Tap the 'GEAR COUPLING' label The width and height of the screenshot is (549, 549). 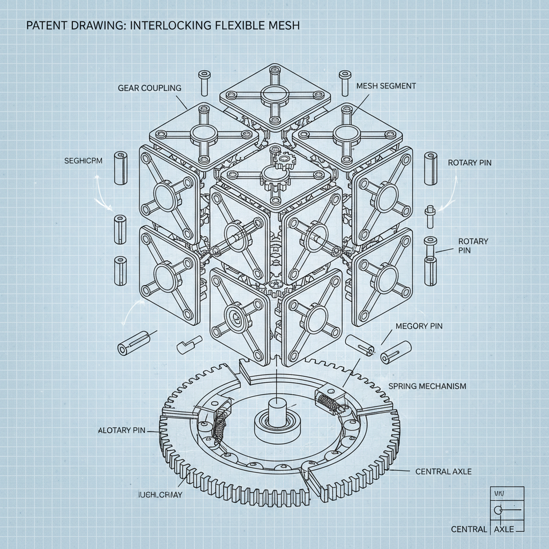(149, 87)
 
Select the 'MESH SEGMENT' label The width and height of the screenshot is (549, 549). (385, 85)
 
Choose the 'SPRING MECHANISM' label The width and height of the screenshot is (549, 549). (426, 386)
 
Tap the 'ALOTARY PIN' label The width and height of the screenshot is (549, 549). (122, 430)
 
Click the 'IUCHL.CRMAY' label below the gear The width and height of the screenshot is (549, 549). (160, 494)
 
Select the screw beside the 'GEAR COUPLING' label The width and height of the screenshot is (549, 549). (204, 81)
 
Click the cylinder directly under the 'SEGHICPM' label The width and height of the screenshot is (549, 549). (120, 169)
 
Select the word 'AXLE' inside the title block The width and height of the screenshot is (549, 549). (503, 529)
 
